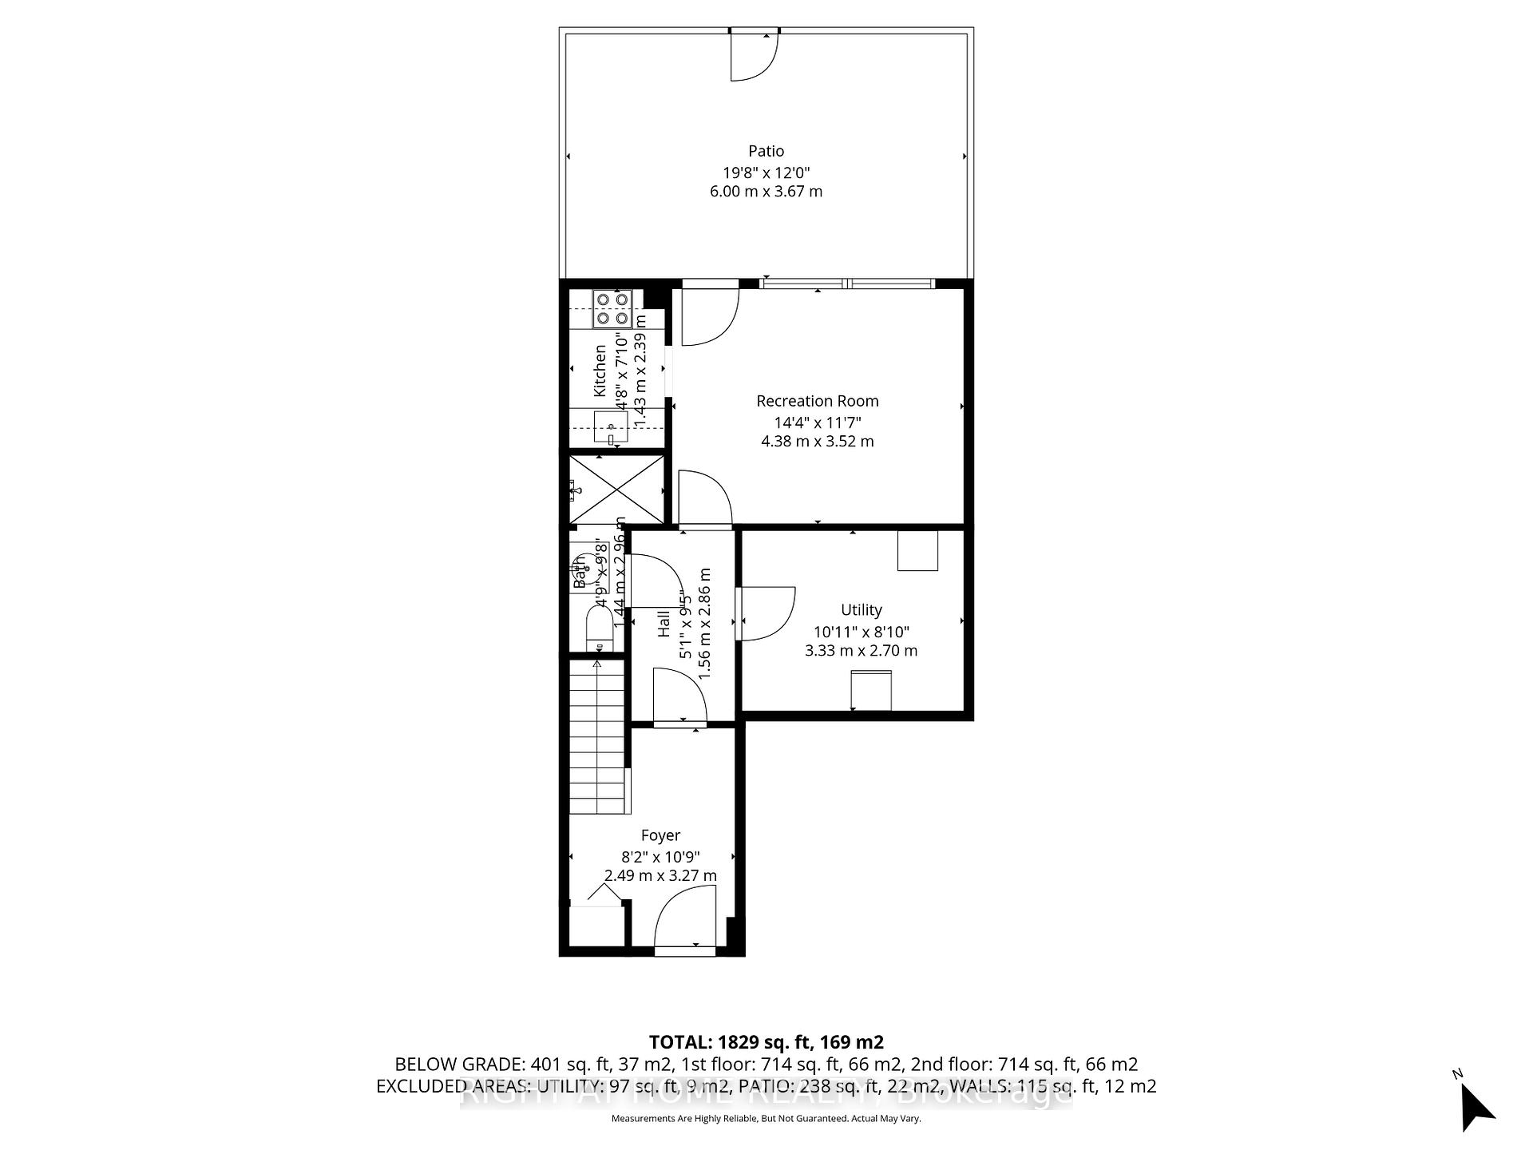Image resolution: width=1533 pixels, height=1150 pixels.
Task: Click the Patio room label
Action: pos(766,151)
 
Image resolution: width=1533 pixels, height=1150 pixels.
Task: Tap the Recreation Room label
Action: pos(817,401)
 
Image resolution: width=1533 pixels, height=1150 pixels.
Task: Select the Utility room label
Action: pos(861,610)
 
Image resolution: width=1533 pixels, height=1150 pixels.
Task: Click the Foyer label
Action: pos(660,835)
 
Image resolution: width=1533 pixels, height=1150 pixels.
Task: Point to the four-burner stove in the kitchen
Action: pos(612,308)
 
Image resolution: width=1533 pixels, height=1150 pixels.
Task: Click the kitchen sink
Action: pos(611,427)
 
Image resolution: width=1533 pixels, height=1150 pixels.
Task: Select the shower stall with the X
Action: pos(616,490)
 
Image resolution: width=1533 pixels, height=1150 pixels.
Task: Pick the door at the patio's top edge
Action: pos(754,56)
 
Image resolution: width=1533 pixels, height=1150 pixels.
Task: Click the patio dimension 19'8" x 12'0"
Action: pos(766,172)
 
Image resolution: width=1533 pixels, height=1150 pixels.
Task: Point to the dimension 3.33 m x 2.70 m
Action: pos(861,651)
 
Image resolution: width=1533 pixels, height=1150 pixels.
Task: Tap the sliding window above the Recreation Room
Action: pos(846,283)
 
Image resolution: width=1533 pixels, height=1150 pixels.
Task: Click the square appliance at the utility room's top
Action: pos(917,551)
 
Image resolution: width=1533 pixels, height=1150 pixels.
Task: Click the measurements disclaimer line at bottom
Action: pos(766,1119)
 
